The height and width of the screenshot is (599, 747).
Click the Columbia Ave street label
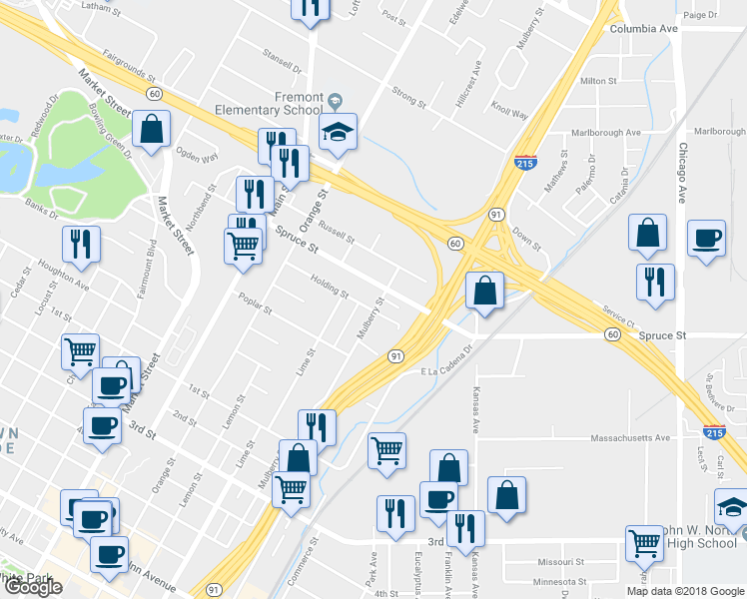tap(644, 29)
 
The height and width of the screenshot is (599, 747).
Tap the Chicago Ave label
tap(684, 171)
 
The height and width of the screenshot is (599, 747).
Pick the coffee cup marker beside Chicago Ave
tap(706, 238)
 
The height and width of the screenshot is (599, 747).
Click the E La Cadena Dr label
tap(452, 371)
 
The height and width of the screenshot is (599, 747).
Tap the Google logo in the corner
tap(33, 587)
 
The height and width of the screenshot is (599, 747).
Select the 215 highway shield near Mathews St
tap(525, 162)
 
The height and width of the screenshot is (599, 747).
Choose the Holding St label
tap(329, 287)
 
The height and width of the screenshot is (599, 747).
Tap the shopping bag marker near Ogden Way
tap(152, 128)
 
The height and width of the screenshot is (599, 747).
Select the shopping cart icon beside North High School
tap(645, 543)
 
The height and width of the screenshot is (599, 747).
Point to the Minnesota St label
tap(559, 581)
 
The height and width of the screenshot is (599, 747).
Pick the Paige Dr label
tap(700, 15)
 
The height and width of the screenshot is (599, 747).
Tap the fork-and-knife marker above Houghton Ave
tap(79, 243)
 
